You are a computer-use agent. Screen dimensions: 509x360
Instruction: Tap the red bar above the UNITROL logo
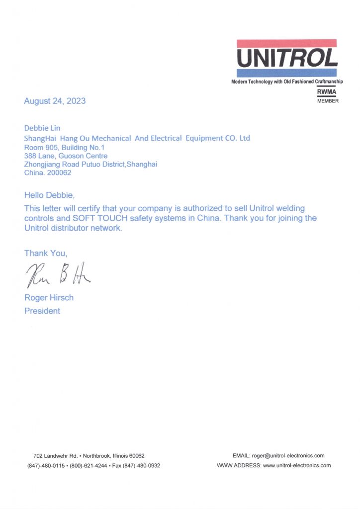[287, 43]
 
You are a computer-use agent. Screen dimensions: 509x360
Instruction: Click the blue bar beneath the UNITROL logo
[287, 73]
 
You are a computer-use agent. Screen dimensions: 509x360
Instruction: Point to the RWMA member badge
[327, 96]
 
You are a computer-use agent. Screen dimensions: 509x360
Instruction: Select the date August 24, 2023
[55, 101]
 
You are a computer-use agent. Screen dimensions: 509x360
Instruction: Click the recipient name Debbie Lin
[42, 128]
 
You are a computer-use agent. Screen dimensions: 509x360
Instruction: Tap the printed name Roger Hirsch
[49, 298]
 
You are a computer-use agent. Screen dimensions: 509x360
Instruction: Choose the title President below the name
[42, 311]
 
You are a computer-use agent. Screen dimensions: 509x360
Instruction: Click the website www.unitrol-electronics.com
[296, 466]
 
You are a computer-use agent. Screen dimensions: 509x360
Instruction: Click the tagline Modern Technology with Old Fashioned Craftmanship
[287, 82]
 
